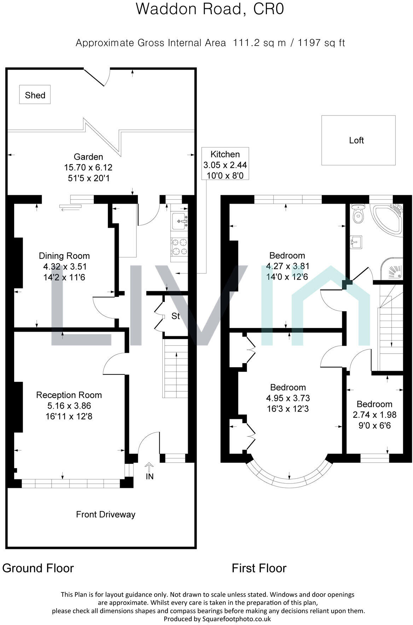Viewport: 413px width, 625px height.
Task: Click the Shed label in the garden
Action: [x=35, y=95]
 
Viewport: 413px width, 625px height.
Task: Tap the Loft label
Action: [x=356, y=140]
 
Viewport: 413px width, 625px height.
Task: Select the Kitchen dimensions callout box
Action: [x=225, y=164]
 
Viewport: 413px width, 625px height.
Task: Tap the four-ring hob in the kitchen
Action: [x=179, y=247]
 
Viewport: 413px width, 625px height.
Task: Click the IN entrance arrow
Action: [x=150, y=467]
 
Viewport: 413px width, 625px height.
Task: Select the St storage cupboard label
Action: [x=176, y=316]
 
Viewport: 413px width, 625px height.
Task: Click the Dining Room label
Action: [x=64, y=256]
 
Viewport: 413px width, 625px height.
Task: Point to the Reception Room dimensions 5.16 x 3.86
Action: [x=69, y=405]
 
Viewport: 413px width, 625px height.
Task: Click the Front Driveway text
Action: [x=106, y=514]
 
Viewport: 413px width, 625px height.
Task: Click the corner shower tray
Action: [x=393, y=269]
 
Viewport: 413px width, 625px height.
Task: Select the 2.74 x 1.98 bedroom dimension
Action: [x=374, y=415]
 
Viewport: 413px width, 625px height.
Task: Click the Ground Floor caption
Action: [x=38, y=568]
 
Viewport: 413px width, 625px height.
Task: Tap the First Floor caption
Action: [x=259, y=568]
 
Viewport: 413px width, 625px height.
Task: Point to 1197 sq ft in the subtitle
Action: [x=321, y=43]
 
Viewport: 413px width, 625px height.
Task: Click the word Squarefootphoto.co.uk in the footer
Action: [x=237, y=619]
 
